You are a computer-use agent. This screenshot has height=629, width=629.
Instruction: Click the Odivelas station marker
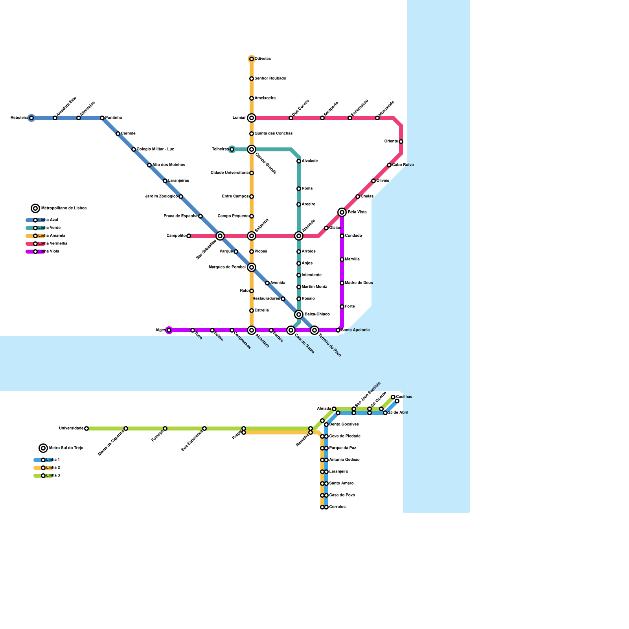(252, 59)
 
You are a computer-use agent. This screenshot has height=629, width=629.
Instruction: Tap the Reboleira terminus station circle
(31, 118)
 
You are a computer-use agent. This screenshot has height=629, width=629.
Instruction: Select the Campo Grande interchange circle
(252, 149)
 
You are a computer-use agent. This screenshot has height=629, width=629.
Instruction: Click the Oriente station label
(391, 142)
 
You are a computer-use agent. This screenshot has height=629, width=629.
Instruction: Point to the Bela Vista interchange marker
(342, 212)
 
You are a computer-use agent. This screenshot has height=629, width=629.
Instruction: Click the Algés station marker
(169, 330)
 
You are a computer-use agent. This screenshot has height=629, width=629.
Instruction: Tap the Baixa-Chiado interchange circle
(299, 314)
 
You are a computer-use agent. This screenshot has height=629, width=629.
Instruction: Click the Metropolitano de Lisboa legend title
(64, 208)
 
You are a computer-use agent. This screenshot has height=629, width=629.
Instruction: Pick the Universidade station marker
(86, 429)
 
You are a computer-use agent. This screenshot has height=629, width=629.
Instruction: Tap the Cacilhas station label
(404, 397)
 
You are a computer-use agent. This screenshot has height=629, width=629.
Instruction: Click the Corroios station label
(337, 507)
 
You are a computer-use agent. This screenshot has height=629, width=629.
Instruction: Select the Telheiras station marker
(232, 149)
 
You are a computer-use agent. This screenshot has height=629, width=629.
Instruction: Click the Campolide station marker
(189, 236)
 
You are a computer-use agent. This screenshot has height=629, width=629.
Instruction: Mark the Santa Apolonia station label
(355, 330)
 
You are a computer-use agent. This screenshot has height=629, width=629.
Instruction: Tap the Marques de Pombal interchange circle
(252, 267)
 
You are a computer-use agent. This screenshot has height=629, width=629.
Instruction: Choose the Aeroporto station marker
(322, 118)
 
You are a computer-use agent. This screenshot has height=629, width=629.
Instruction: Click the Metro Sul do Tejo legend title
(66, 448)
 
